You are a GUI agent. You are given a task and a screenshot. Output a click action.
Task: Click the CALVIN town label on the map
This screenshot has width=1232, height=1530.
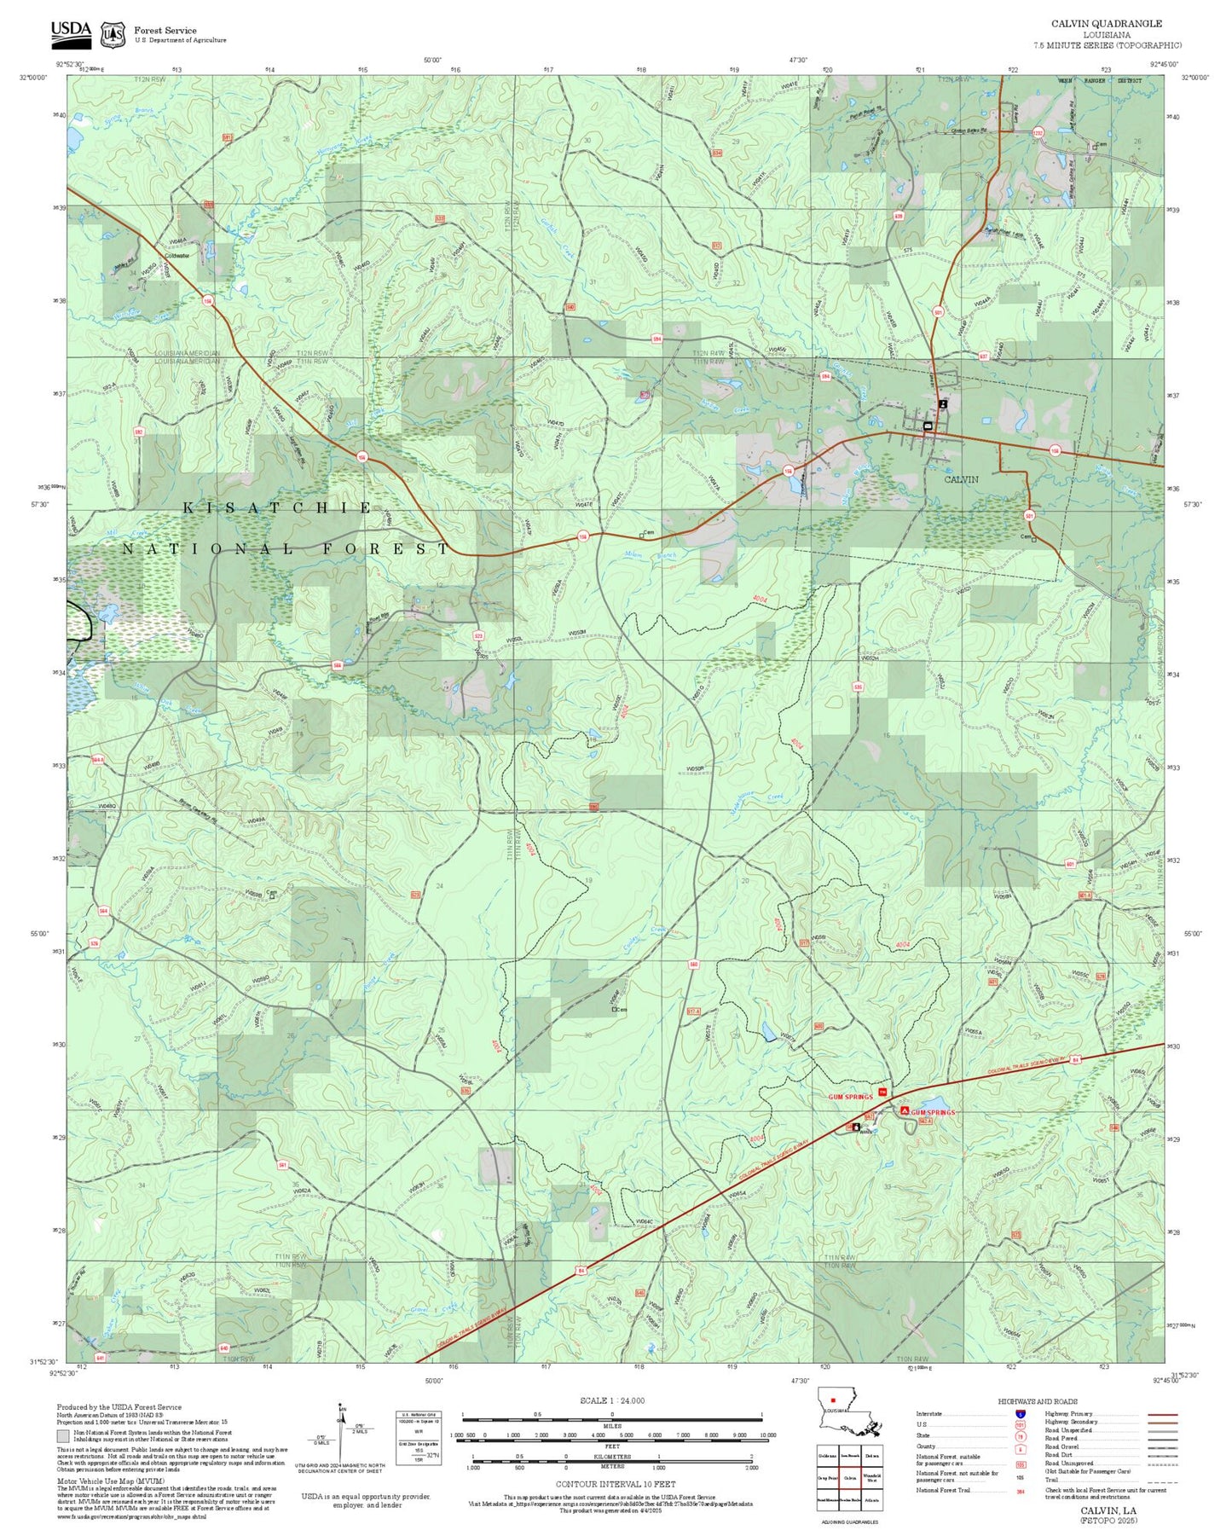click(x=961, y=479)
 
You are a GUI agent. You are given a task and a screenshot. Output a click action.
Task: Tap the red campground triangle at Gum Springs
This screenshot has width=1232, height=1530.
click(x=904, y=1111)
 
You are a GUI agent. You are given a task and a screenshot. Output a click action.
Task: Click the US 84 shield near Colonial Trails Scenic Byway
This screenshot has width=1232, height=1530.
click(x=1076, y=1060)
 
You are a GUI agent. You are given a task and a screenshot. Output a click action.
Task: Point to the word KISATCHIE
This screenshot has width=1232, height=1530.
click(x=278, y=508)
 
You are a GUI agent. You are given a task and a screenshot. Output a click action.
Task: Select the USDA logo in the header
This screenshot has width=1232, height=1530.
click(x=71, y=32)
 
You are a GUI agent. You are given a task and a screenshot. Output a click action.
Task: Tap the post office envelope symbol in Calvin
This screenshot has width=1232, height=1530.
click(x=928, y=426)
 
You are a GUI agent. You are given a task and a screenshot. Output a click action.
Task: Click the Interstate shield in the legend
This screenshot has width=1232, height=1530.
click(x=1021, y=1414)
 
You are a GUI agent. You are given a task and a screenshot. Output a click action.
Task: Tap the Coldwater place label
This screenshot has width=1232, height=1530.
click(x=177, y=255)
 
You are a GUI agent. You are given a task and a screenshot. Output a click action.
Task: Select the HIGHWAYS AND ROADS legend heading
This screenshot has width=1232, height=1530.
click(x=1037, y=1401)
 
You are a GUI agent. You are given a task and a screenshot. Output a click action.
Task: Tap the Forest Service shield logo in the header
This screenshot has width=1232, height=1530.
click(x=113, y=34)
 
